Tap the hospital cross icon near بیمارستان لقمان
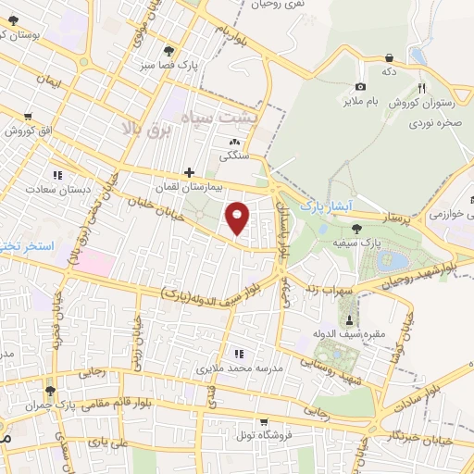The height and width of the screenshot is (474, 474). tap(189, 172)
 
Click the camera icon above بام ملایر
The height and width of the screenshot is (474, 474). tap(360, 86)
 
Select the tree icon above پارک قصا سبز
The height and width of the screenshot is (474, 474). tap(168, 51)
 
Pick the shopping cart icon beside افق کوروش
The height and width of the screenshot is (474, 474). tap(30, 116)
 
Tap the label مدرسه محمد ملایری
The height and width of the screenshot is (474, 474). tap(237, 368)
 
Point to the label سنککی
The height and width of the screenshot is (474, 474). tap(233, 156)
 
